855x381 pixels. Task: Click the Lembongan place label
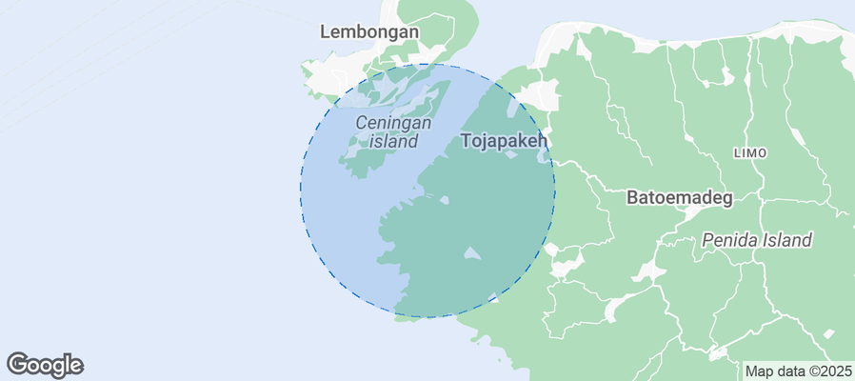(369, 31)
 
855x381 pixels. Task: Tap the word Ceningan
(393, 123)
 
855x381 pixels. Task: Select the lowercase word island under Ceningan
(394, 142)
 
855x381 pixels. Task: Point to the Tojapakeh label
(505, 141)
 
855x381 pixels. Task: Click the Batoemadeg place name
(679, 198)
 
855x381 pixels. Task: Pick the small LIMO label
(751, 153)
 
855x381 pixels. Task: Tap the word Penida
(728, 240)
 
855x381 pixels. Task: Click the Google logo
(45, 364)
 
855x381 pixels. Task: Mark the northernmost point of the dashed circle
(427, 64)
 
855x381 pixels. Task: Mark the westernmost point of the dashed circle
(301, 190)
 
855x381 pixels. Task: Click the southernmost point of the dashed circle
(427, 317)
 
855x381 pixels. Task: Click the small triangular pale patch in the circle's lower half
(471, 254)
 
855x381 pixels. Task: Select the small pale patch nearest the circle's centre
(444, 200)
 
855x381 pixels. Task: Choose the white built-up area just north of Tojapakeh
(539, 95)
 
